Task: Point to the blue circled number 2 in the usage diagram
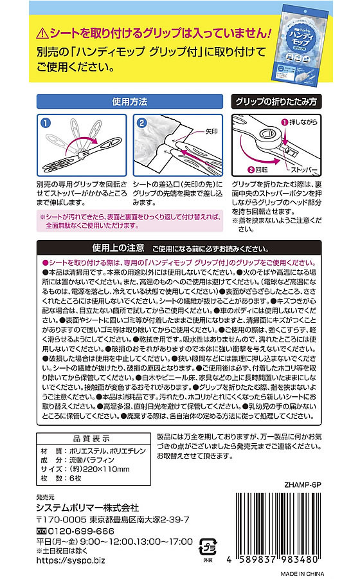tap(142, 122)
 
